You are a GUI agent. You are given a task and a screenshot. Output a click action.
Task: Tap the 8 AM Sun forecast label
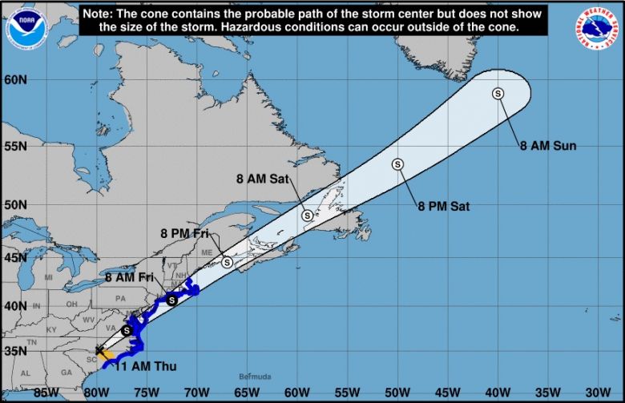pos(548,146)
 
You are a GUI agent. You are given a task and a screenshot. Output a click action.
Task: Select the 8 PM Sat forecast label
pos(443,206)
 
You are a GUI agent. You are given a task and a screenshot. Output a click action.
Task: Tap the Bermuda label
pos(256,377)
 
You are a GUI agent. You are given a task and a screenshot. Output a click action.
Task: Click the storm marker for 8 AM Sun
pos(498,94)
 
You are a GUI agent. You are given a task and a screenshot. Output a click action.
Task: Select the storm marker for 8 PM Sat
pos(397,164)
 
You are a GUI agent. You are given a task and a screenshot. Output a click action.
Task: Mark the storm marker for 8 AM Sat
pos(307,215)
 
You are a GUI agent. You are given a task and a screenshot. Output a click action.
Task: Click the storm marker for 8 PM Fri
pos(228,262)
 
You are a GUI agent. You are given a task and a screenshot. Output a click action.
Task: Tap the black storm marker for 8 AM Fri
pos(171,300)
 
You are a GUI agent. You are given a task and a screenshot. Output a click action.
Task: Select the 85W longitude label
pos(47,393)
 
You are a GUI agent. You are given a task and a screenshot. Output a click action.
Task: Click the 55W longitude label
pos(348,393)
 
